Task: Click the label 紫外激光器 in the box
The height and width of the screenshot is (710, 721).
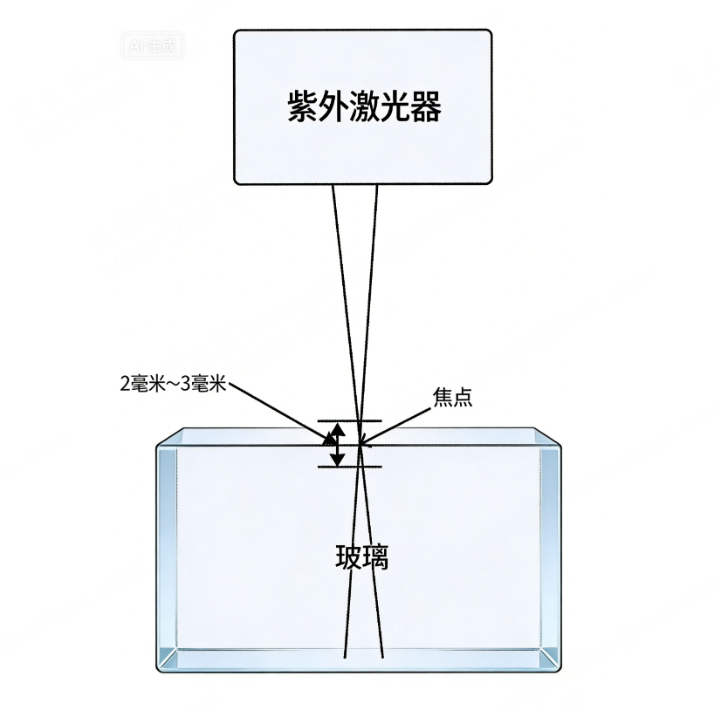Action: (363, 108)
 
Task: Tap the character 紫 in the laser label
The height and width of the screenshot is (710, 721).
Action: (301, 108)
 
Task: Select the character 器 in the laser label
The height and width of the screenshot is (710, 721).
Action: (427, 108)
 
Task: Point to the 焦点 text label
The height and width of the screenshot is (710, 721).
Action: (452, 397)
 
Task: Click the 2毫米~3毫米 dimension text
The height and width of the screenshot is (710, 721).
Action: (173, 384)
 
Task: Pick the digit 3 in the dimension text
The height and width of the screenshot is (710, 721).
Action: (184, 384)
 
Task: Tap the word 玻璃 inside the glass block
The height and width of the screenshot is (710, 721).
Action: (361, 556)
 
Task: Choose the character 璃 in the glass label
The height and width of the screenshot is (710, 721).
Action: (375, 556)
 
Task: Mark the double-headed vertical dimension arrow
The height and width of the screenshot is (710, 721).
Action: (337, 444)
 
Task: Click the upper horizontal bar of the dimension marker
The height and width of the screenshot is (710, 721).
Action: (349, 421)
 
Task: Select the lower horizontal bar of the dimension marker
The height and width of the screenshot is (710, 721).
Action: (349, 467)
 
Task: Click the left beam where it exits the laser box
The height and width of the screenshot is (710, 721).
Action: (333, 187)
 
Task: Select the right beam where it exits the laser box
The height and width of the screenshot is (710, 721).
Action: (377, 187)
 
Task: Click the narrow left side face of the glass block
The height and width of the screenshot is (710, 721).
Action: (168, 550)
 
